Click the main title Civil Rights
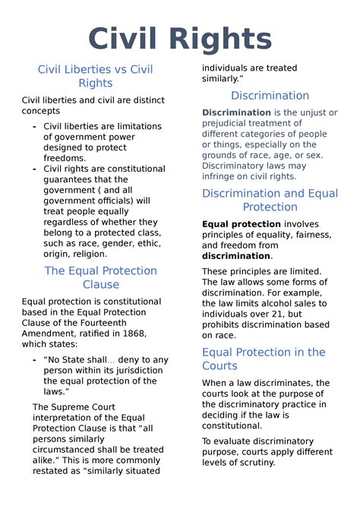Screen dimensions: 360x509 click(179, 38)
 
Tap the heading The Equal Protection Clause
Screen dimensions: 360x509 click(100, 277)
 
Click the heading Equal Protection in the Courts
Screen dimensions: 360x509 click(263, 359)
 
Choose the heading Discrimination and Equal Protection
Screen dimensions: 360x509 click(270, 200)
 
